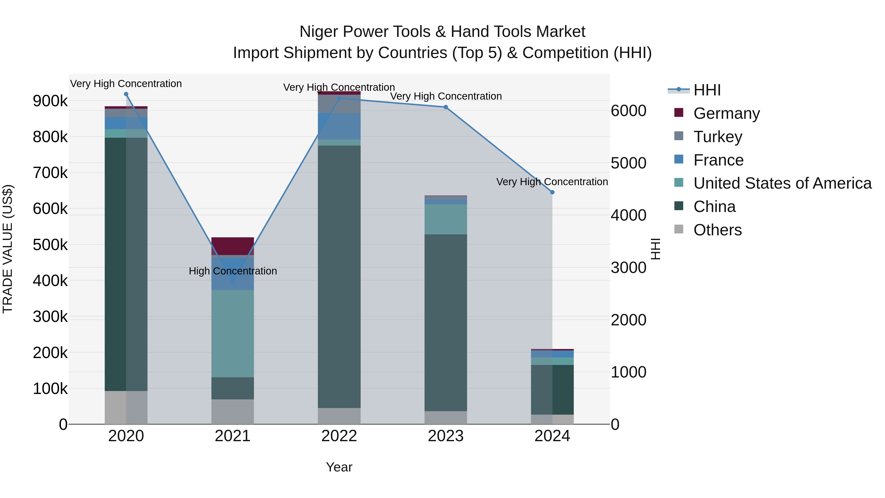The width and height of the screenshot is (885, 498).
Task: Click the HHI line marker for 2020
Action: tap(126, 94)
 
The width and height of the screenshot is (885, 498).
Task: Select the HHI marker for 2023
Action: tap(446, 107)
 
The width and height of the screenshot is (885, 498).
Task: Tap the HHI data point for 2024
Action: tap(552, 193)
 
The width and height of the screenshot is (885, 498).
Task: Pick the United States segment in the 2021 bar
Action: tap(233, 333)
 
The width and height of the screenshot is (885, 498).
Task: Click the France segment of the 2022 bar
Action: tap(339, 126)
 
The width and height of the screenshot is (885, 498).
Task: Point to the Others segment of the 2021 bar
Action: tap(233, 411)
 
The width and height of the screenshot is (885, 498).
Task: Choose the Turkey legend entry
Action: tap(717, 137)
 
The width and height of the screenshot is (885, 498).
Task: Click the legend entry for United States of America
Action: tap(782, 183)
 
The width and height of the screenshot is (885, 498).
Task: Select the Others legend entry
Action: tap(717, 230)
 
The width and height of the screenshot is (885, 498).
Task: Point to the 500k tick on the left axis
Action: tap(50, 245)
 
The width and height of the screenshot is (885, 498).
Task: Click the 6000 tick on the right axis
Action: tap(628, 111)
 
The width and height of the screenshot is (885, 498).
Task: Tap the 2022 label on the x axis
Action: tap(339, 436)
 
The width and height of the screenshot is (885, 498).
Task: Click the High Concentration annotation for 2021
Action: tap(233, 271)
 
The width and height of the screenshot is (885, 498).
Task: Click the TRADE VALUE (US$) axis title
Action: tap(8, 249)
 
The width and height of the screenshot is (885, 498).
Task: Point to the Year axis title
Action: tap(339, 467)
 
